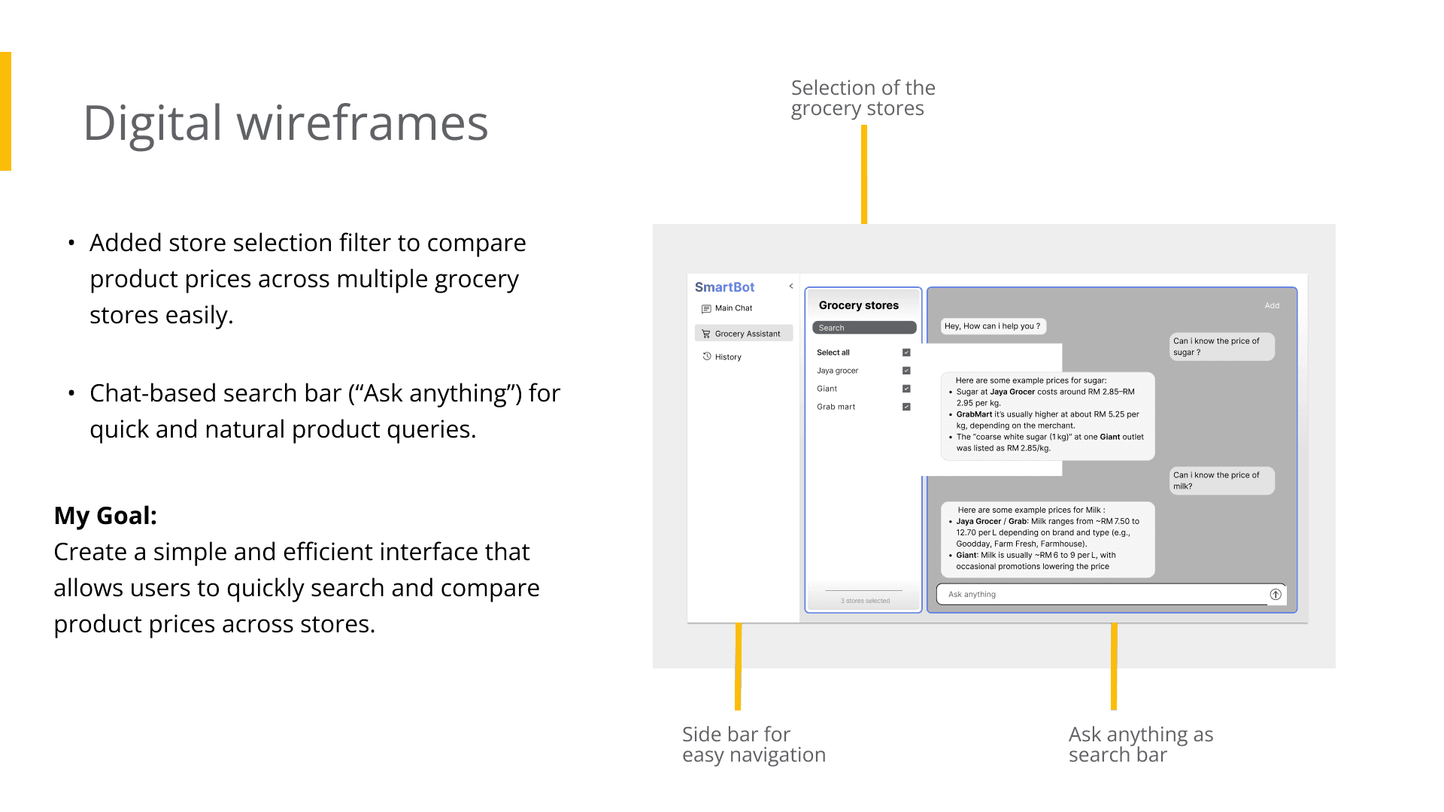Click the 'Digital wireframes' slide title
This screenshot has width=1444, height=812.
286,123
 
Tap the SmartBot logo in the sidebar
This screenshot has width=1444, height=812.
724,287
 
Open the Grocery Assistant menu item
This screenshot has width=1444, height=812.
744,333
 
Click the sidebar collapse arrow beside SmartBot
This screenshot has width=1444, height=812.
791,286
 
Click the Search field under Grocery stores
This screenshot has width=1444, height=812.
864,328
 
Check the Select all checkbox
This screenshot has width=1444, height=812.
906,353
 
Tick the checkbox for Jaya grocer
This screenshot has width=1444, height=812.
906,371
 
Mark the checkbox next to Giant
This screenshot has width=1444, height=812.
906,389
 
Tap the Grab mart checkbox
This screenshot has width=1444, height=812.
906,407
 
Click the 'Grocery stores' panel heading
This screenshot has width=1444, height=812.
859,305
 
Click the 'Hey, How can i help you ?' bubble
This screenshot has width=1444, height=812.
994,326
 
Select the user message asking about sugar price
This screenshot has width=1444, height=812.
1222,347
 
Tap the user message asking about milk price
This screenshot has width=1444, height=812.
1222,480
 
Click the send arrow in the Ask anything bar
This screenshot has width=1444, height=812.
1276,595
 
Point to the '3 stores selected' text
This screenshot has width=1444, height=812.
865,601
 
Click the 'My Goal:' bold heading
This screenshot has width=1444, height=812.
105,516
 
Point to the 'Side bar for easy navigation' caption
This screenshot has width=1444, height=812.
754,744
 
